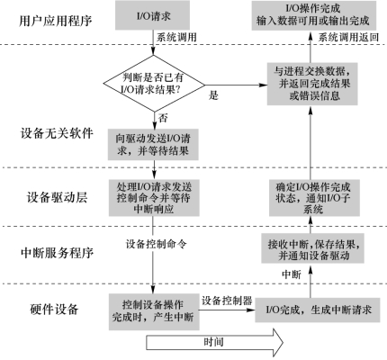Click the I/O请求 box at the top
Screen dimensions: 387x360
(x=152, y=15)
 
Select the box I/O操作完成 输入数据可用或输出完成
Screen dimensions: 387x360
(x=313, y=15)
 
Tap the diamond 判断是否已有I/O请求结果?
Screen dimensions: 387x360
(x=154, y=84)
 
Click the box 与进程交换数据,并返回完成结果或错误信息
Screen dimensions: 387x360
(x=312, y=84)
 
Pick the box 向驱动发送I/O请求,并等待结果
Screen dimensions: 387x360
(x=153, y=144)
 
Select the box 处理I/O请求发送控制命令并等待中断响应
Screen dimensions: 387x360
(x=154, y=198)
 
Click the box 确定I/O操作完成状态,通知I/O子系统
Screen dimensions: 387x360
(x=314, y=198)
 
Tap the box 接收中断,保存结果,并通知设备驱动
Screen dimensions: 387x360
(x=312, y=248)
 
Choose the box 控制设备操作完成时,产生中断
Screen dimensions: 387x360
(x=154, y=311)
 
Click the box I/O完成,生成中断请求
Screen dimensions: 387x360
(x=318, y=310)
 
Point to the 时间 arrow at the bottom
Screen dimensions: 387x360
(x=214, y=343)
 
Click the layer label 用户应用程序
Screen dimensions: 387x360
(x=56, y=21)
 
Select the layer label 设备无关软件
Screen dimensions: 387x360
(x=57, y=133)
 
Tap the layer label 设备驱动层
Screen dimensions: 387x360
(x=57, y=197)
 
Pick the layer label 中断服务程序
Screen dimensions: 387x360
(x=57, y=253)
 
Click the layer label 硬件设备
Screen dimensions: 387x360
(x=54, y=309)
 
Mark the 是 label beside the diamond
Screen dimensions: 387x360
(x=213, y=95)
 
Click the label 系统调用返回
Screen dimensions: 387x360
(x=348, y=38)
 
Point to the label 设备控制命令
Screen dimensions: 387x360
(x=156, y=244)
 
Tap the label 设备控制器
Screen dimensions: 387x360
(x=227, y=301)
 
